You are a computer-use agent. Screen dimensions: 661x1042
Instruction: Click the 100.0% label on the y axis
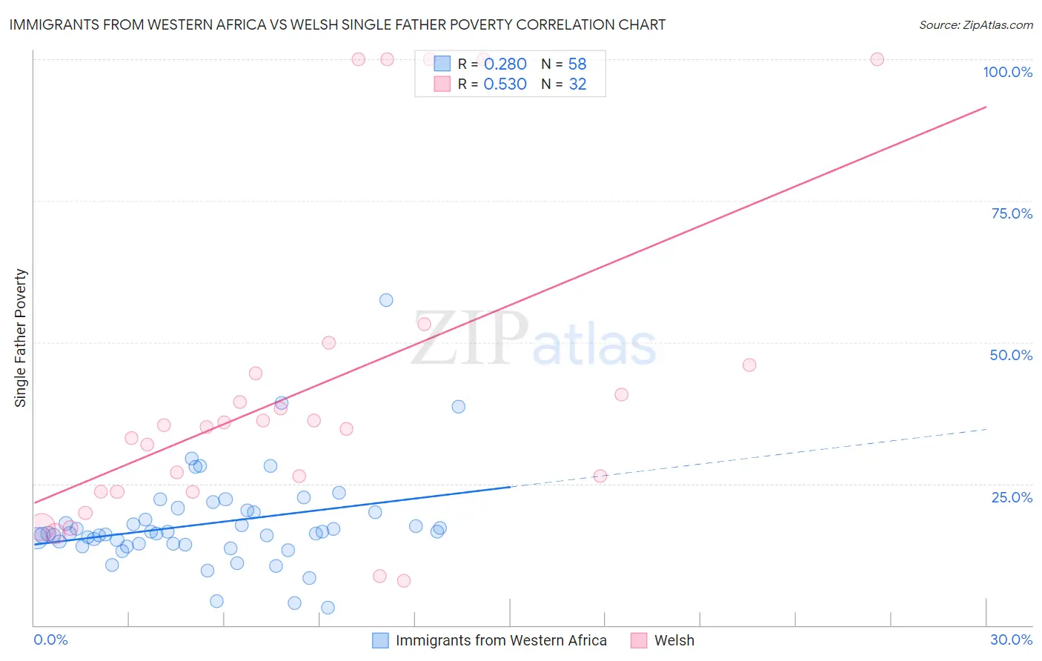click(x=1007, y=72)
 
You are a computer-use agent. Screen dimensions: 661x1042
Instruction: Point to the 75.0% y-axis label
click(x=1012, y=213)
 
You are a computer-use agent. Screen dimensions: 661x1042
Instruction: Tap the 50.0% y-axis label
click(x=1011, y=355)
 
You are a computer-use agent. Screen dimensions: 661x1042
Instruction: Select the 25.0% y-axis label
click(x=1012, y=496)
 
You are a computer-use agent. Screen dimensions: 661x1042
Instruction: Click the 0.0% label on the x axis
click(x=50, y=640)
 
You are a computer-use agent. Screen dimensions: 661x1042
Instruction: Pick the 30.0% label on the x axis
click(x=1011, y=640)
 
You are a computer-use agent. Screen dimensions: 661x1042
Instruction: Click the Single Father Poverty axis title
click(x=21, y=338)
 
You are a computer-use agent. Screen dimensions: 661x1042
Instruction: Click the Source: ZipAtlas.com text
click(x=975, y=24)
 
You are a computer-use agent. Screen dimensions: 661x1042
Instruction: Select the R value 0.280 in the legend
click(x=505, y=64)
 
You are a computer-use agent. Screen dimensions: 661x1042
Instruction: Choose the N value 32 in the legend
click(x=577, y=84)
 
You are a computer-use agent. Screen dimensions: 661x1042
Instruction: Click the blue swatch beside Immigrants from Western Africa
click(x=380, y=640)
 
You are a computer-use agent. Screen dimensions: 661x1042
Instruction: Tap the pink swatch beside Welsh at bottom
click(x=639, y=640)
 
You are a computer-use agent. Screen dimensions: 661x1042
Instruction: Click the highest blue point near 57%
click(x=386, y=300)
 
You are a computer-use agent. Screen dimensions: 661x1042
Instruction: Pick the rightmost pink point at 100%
click(x=877, y=59)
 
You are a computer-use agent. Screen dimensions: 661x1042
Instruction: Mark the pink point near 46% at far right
click(x=749, y=365)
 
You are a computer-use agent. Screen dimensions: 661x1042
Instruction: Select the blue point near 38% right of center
click(x=459, y=407)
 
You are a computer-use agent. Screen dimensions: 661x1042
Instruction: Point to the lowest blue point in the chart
click(x=328, y=608)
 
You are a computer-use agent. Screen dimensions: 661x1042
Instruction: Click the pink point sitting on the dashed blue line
click(x=600, y=476)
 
